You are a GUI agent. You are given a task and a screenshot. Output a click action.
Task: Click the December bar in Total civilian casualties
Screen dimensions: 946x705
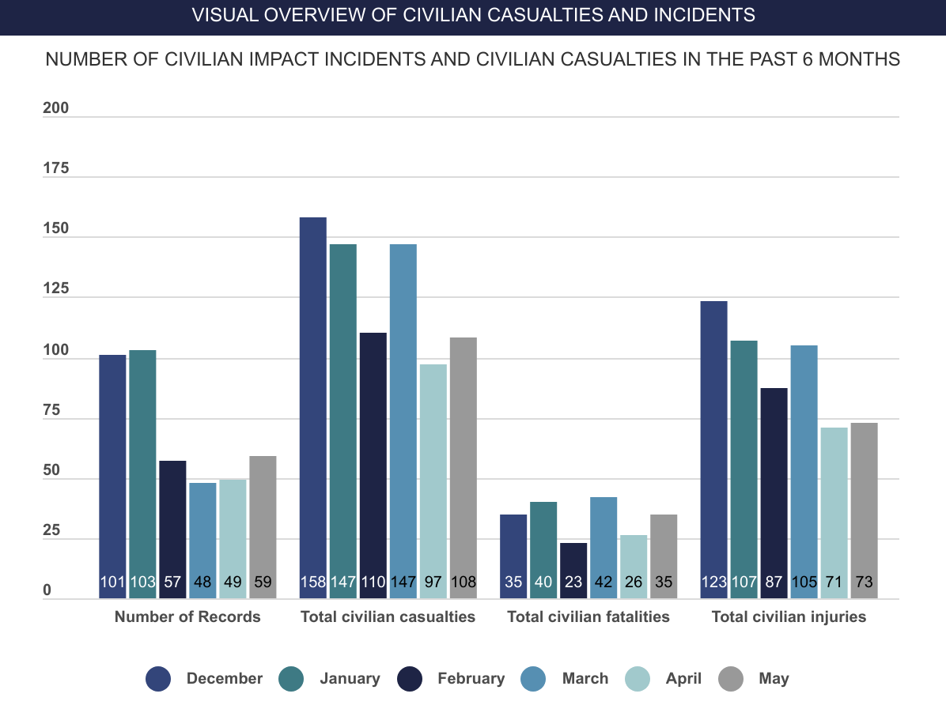313,408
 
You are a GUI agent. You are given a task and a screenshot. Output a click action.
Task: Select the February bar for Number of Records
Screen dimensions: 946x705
172,530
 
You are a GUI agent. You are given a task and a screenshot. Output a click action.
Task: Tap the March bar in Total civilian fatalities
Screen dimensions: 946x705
604,548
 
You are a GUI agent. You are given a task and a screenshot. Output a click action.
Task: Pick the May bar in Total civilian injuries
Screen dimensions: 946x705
864,511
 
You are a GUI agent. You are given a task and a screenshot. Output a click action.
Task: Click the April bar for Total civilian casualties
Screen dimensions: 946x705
433,481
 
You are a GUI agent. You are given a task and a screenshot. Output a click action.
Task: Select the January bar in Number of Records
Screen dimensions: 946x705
142,474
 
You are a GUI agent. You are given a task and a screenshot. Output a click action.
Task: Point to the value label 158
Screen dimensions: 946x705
313,582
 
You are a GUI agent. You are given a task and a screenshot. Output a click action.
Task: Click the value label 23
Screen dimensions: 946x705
573,582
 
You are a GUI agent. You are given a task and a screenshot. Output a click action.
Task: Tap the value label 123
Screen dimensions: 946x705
713,582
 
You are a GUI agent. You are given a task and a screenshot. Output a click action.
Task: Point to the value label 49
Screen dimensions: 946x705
233,582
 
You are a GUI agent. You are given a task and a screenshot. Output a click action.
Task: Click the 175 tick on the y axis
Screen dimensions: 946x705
56,168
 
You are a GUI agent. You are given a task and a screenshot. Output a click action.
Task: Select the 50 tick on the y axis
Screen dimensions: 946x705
52,470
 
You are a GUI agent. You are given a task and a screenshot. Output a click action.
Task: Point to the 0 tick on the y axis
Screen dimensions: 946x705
47,590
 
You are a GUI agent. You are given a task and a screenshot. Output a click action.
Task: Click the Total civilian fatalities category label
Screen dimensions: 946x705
588,617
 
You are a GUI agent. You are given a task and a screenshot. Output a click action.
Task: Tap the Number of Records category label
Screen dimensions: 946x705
187,617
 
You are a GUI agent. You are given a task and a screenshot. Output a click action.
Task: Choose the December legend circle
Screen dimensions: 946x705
158,679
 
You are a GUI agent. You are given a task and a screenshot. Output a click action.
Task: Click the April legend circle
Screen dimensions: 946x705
638,679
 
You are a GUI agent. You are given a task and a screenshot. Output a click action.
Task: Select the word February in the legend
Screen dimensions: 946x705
471,679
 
